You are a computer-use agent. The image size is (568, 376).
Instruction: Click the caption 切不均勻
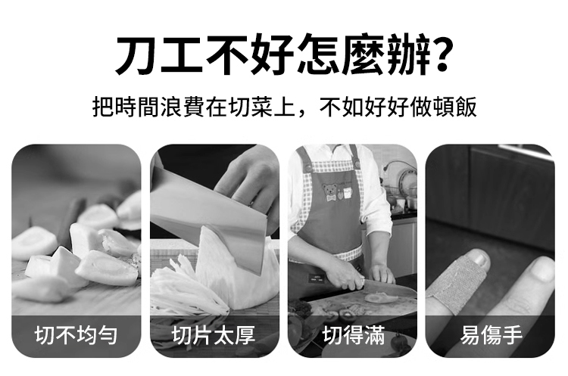tap(76, 335)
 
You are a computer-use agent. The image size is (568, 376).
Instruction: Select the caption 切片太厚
tap(214, 335)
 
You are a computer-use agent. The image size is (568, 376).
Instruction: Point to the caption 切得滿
tap(353, 335)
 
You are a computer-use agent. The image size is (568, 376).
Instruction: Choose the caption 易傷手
tap(492, 335)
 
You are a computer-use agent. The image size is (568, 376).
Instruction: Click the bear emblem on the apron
tap(329, 192)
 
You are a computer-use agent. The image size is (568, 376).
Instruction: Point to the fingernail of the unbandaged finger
tap(543, 269)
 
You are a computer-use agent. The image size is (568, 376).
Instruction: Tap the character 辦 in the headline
tap(406, 54)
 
